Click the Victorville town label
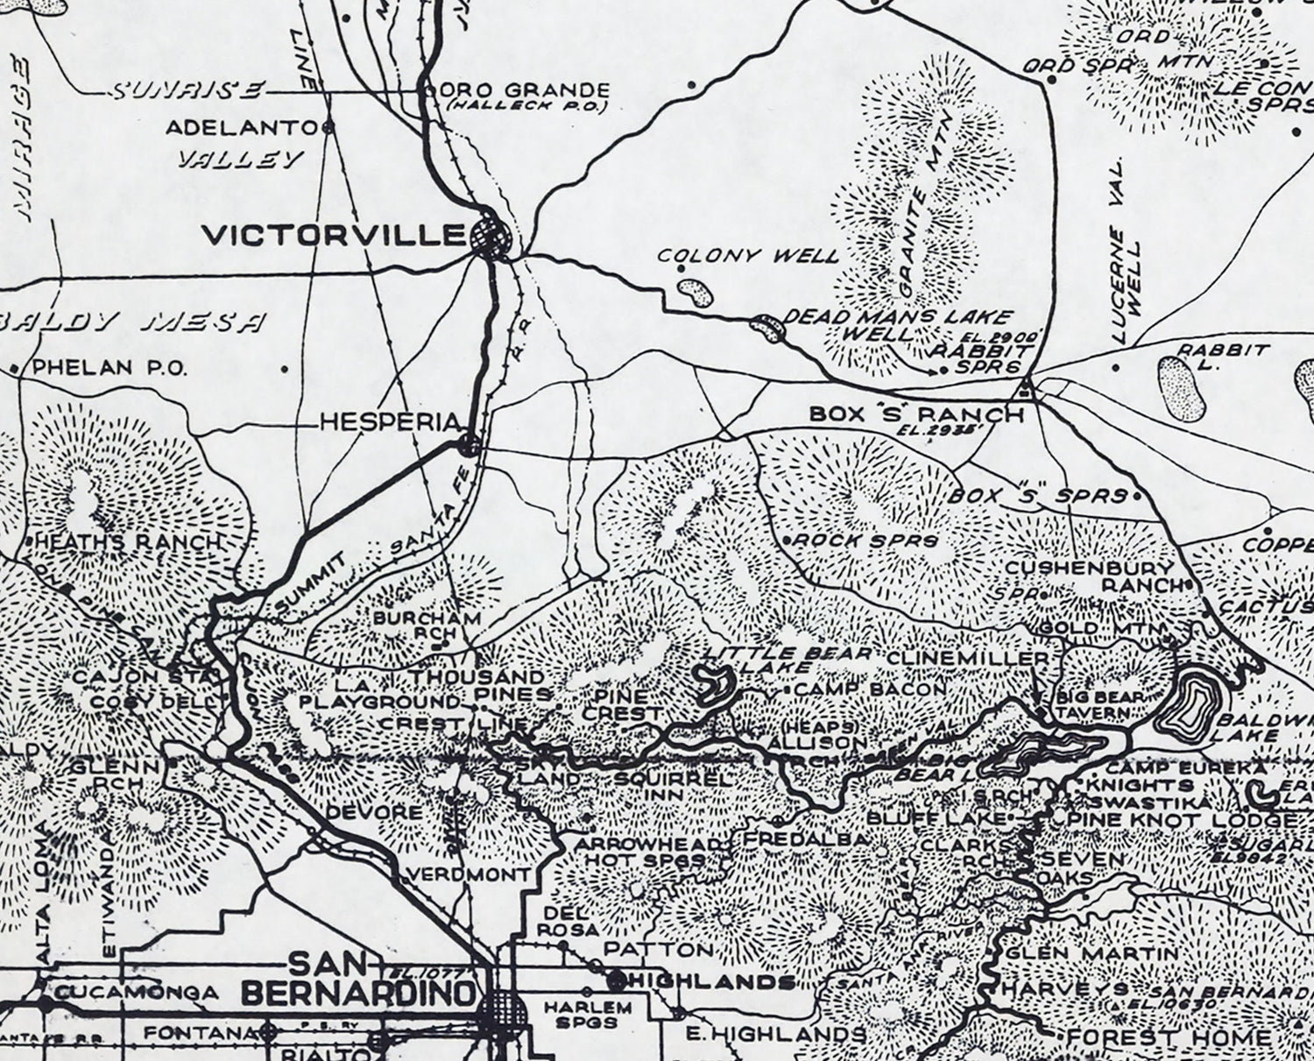(x=333, y=235)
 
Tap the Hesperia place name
(x=389, y=422)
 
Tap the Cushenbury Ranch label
(x=1091, y=576)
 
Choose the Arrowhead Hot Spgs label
(x=651, y=852)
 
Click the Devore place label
(x=374, y=812)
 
